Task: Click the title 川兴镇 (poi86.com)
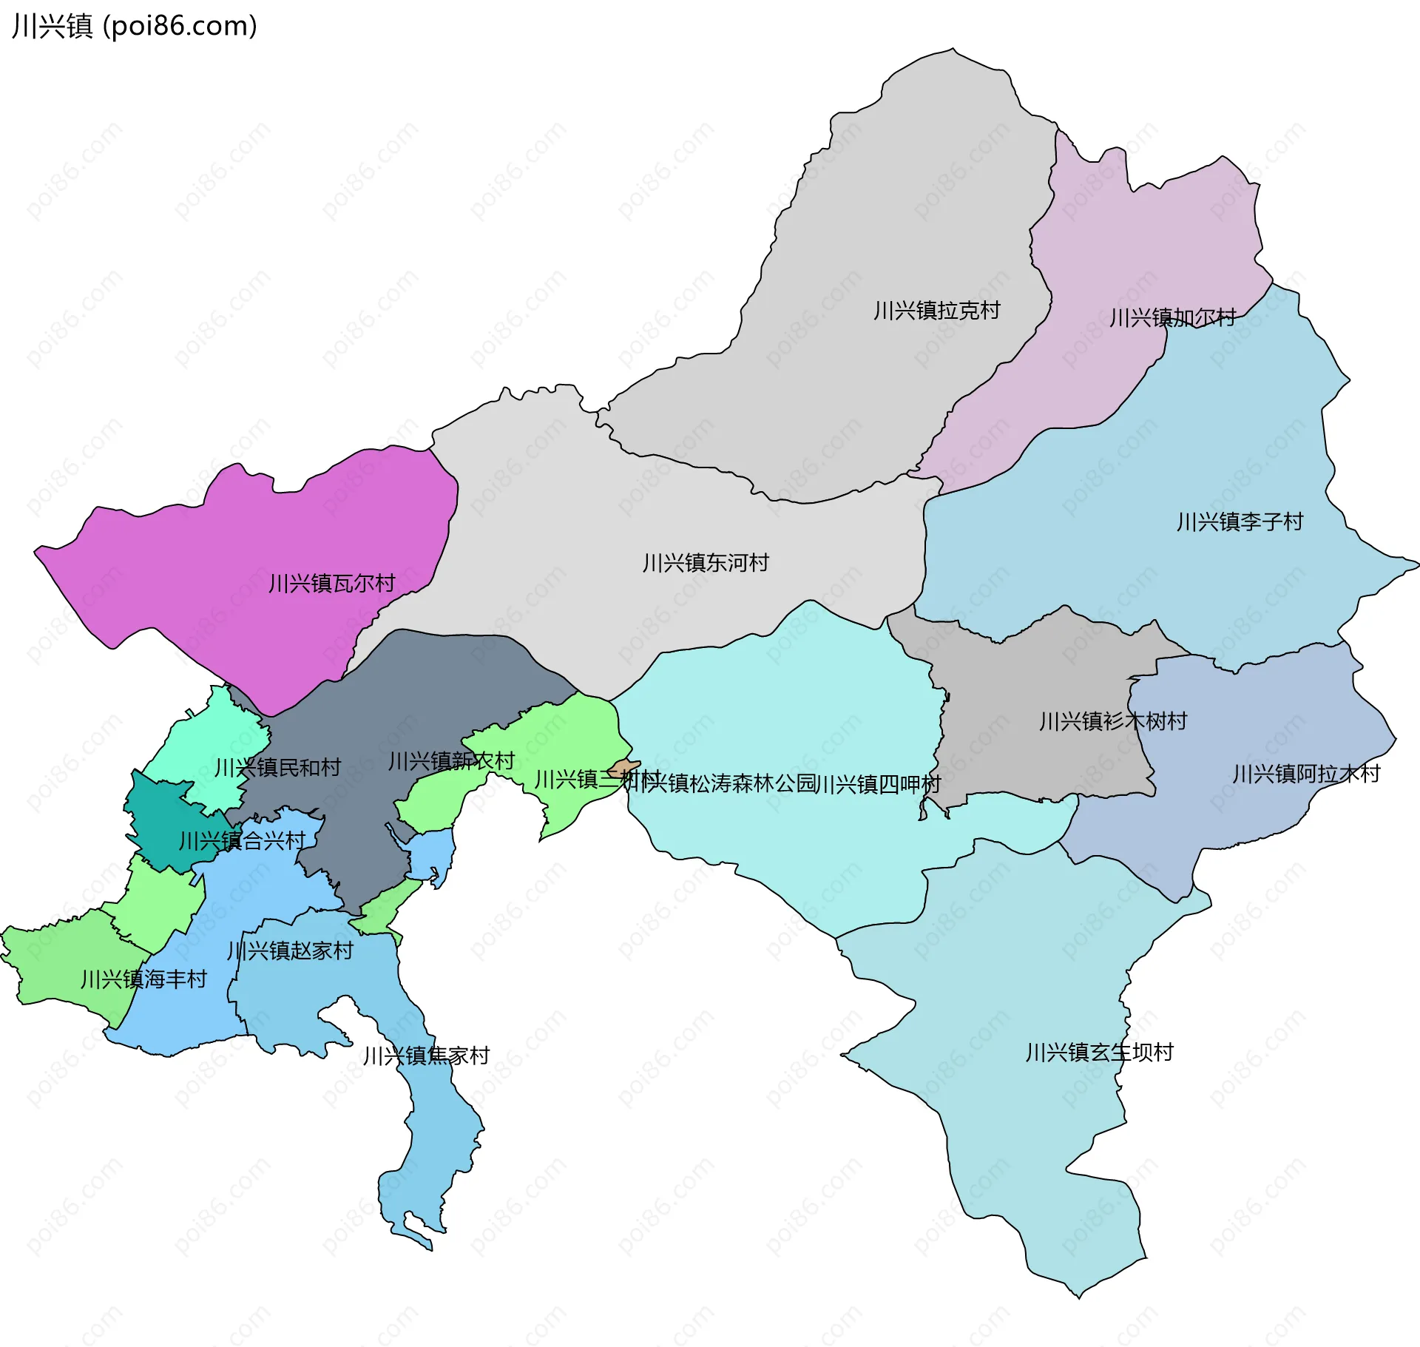pyautogui.click(x=135, y=26)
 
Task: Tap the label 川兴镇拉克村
pyautogui.click(x=936, y=310)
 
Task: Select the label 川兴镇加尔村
pyautogui.click(x=1172, y=317)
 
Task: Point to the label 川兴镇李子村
pyautogui.click(x=1240, y=521)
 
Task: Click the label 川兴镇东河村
pyautogui.click(x=706, y=563)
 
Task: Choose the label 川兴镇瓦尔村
pyautogui.click(x=331, y=584)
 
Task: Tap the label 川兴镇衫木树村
pyautogui.click(x=1113, y=721)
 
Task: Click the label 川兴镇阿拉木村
pyautogui.click(x=1306, y=774)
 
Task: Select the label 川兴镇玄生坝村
pyautogui.click(x=1099, y=1052)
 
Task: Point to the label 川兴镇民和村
pyautogui.click(x=277, y=768)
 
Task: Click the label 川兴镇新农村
pyautogui.click(x=451, y=761)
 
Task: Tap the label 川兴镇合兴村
pyautogui.click(x=242, y=841)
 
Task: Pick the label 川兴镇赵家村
pyautogui.click(x=290, y=951)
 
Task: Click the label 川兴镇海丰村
pyautogui.click(x=143, y=979)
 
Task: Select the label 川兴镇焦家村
pyautogui.click(x=426, y=1056)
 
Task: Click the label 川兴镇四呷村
pyautogui.click(x=878, y=784)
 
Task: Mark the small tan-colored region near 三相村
pyautogui.click(x=626, y=766)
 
